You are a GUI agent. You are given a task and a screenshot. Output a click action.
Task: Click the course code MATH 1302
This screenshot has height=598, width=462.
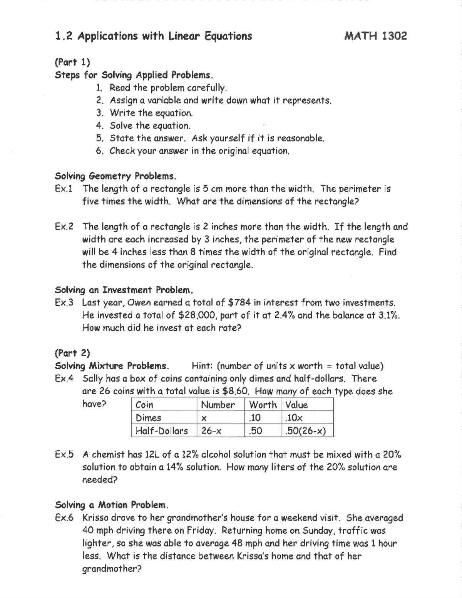(375, 36)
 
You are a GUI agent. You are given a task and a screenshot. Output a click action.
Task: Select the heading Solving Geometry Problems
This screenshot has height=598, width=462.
(115, 176)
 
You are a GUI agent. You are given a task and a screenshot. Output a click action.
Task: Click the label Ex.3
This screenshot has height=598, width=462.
(64, 303)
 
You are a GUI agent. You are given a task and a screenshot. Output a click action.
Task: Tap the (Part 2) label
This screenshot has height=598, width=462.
(72, 353)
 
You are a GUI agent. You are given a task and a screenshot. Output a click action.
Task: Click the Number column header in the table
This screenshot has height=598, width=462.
(218, 405)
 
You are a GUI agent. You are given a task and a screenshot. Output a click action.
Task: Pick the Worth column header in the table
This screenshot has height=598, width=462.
(263, 405)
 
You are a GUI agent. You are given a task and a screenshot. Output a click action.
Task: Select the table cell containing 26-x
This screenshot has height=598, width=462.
(211, 431)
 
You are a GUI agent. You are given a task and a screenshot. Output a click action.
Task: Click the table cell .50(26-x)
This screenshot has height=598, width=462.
(305, 431)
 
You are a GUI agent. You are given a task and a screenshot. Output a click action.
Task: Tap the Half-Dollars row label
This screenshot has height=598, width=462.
(162, 431)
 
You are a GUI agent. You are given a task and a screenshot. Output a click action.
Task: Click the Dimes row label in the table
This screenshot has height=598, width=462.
(148, 418)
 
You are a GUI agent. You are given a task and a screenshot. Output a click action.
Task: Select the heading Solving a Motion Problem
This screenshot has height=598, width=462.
(112, 505)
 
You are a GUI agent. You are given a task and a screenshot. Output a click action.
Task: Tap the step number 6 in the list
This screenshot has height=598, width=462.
(99, 151)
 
